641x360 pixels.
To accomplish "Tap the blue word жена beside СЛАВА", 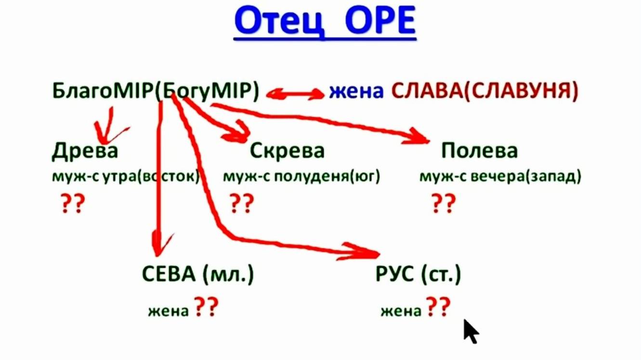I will (356, 92).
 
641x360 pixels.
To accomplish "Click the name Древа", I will (85, 151).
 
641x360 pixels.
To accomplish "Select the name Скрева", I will (287, 151).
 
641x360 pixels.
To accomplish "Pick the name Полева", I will (479, 151).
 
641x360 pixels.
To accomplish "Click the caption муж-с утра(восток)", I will (125, 177).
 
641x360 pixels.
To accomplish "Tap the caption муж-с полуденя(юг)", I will (301, 177).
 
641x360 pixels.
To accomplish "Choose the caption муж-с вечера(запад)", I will (500, 177).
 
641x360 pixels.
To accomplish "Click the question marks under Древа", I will (73, 204).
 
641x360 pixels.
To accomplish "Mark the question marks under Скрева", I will (241, 204).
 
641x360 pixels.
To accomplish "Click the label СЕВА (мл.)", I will (197, 275).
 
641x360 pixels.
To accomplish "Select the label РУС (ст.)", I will (418, 275).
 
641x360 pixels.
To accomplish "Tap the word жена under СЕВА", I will (168, 311).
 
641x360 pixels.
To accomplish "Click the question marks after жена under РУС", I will (438, 307).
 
